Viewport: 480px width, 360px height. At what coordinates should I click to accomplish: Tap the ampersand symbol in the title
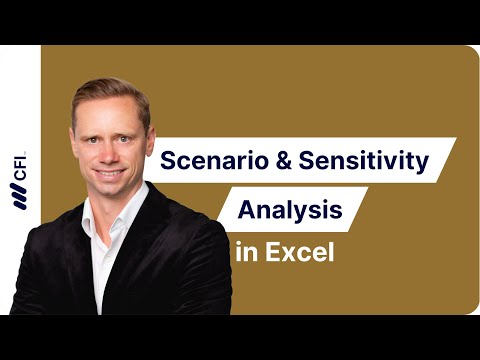(x=276, y=160)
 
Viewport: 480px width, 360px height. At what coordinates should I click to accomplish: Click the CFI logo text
(x=20, y=173)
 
